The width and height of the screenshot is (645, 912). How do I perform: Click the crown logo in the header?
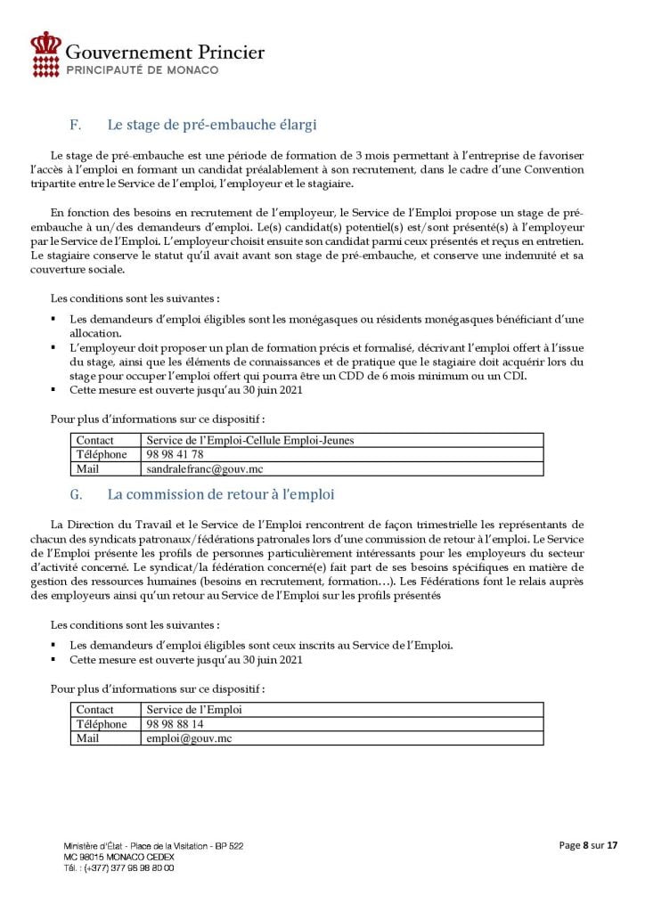click(x=46, y=53)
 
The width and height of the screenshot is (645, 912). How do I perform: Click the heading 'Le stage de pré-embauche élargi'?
click(x=212, y=124)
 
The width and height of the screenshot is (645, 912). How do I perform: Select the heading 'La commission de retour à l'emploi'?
click(x=220, y=493)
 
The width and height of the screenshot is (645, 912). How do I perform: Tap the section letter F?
click(x=74, y=124)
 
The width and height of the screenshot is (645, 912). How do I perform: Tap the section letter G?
click(x=75, y=493)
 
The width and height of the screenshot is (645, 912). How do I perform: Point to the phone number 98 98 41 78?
click(x=176, y=454)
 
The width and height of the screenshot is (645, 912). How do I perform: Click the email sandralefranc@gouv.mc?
click(x=205, y=468)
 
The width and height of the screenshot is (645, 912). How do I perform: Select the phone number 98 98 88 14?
click(x=176, y=724)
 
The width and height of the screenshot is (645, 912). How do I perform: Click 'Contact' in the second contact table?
click(x=94, y=710)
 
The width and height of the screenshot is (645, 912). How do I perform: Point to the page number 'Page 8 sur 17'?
click(x=588, y=844)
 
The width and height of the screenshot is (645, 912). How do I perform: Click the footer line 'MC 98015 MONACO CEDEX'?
click(x=119, y=856)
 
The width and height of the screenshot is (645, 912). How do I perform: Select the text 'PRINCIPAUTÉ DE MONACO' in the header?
click(x=143, y=69)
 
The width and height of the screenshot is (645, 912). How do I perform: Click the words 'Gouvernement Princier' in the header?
click(x=166, y=52)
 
